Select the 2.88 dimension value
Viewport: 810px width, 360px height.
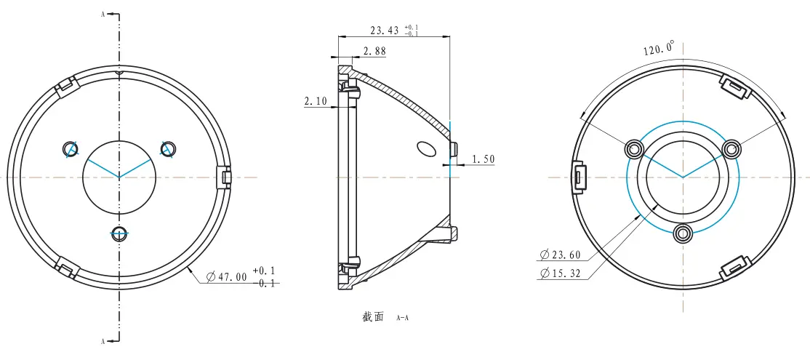374,52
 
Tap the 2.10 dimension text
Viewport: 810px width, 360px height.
315,102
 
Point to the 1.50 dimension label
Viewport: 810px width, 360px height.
484,159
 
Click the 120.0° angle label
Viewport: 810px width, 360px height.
658,49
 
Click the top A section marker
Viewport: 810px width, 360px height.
104,13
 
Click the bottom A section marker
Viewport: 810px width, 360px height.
104,340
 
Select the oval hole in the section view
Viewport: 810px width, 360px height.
425,148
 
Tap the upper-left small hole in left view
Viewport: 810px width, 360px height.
71,148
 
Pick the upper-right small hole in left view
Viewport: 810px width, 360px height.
168,148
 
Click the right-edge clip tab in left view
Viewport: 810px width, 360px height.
225,176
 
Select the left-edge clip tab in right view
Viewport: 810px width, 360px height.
579,176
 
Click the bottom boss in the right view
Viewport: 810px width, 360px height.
682,233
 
